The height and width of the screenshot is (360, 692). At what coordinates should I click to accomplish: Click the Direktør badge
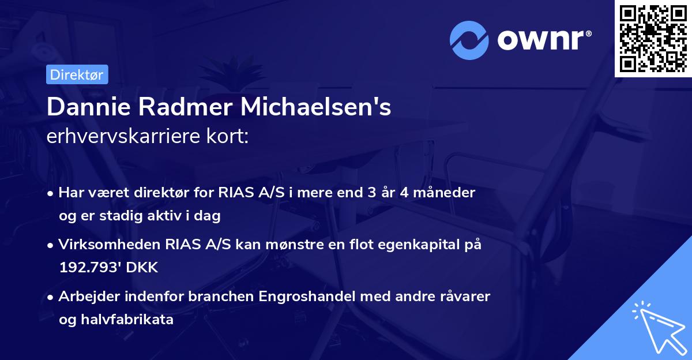[x=77, y=74]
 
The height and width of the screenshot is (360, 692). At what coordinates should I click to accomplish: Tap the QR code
[x=653, y=38]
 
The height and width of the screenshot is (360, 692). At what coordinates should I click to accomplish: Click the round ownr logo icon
[x=469, y=40]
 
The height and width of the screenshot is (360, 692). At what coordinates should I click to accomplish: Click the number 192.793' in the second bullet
[x=93, y=268]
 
